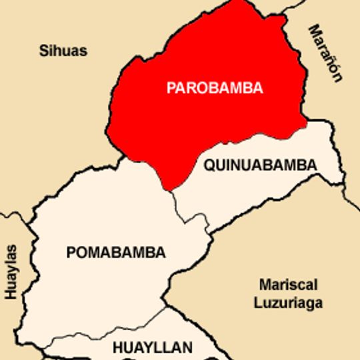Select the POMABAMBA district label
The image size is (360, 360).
(x=116, y=253)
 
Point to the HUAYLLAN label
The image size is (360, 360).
(x=153, y=347)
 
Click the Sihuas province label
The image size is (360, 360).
(x=63, y=51)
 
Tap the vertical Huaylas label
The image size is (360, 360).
(x=11, y=271)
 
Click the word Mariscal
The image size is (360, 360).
(x=289, y=285)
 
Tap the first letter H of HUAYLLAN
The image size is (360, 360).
(x=117, y=347)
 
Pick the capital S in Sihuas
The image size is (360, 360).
(x=43, y=51)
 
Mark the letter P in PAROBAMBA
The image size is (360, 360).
(x=171, y=88)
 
